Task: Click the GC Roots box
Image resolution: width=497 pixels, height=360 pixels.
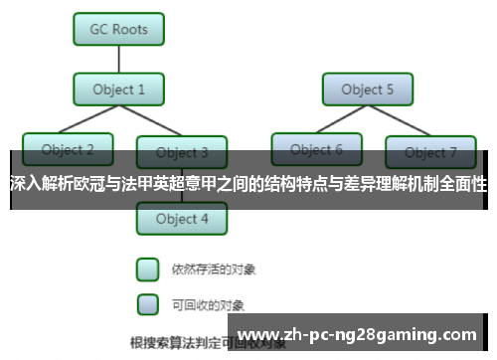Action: tap(119, 29)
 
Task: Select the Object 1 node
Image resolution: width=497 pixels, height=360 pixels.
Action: tap(119, 90)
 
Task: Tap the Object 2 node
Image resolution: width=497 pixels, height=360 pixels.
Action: tap(68, 150)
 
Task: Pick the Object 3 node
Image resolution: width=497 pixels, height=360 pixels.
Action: tap(182, 152)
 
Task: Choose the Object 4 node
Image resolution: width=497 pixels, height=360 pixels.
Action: tap(182, 218)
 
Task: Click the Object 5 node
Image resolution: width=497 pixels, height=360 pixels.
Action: tap(367, 90)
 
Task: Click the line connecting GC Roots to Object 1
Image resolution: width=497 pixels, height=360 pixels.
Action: tap(119, 59)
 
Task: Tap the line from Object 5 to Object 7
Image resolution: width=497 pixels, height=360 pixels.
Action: tap(400, 120)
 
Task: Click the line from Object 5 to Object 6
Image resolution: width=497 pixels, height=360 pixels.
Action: tap(343, 120)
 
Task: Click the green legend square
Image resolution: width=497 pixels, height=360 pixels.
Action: tap(147, 269)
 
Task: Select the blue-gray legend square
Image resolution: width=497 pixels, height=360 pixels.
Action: tap(147, 302)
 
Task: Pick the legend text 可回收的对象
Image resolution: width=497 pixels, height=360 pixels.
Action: tap(208, 303)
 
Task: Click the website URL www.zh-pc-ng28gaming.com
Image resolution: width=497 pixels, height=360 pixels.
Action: tap(359, 332)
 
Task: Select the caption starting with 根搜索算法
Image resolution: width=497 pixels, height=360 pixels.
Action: tap(189, 343)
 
